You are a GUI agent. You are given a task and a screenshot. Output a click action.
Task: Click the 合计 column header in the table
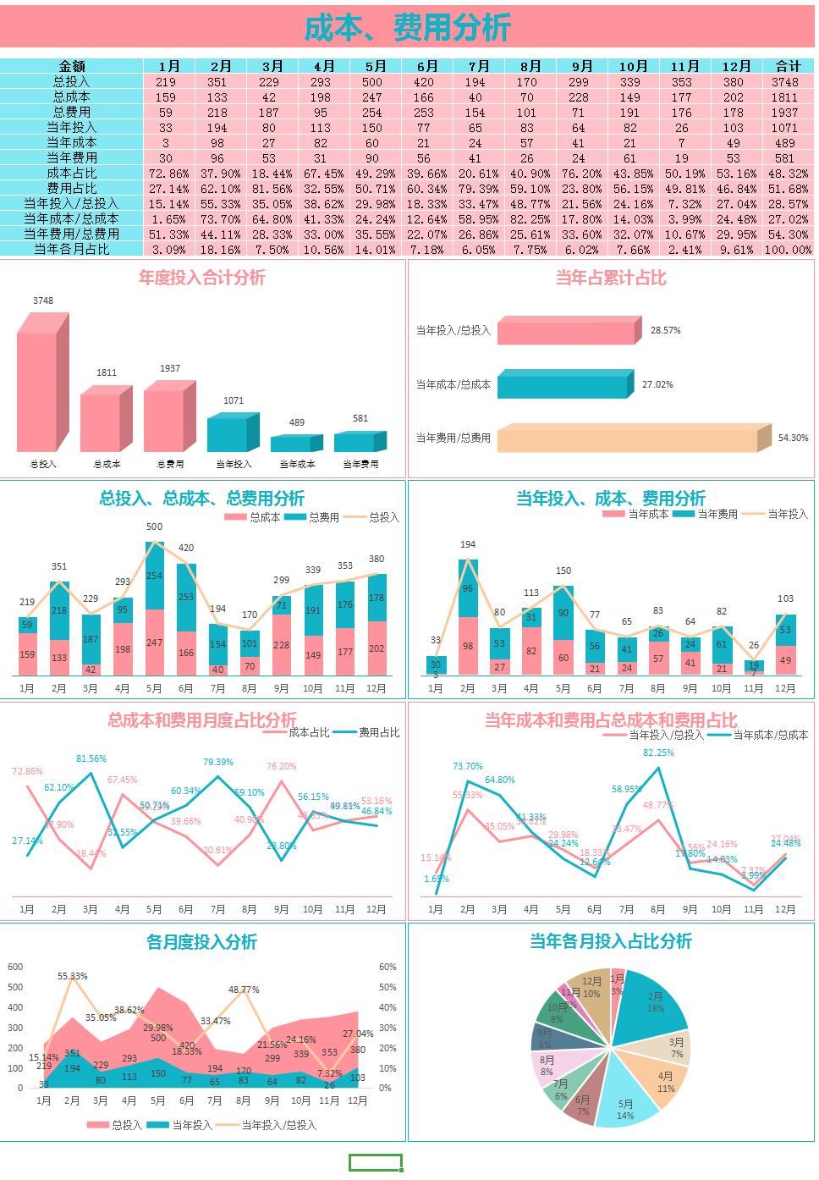[x=788, y=66]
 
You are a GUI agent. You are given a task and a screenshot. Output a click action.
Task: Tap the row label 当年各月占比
[x=72, y=249]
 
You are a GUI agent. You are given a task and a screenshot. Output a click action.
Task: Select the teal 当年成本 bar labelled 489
[x=292, y=444]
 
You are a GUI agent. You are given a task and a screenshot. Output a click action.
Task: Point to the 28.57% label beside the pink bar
[x=665, y=331]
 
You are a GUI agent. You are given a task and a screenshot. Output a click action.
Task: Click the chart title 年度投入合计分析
[x=202, y=278]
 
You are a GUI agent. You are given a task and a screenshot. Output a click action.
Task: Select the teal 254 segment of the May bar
[x=154, y=576]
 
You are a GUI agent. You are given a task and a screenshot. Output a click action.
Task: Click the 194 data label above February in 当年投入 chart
[x=468, y=544]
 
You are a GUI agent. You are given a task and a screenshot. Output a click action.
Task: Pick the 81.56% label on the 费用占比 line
[x=91, y=759]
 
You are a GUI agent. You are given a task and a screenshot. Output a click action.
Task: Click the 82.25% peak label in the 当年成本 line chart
[x=659, y=753]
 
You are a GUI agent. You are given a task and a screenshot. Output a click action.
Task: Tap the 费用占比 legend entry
[x=368, y=733]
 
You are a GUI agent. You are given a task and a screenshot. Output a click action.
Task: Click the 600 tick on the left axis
[x=15, y=967]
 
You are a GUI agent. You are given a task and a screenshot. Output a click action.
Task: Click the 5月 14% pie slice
[x=627, y=1106]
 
